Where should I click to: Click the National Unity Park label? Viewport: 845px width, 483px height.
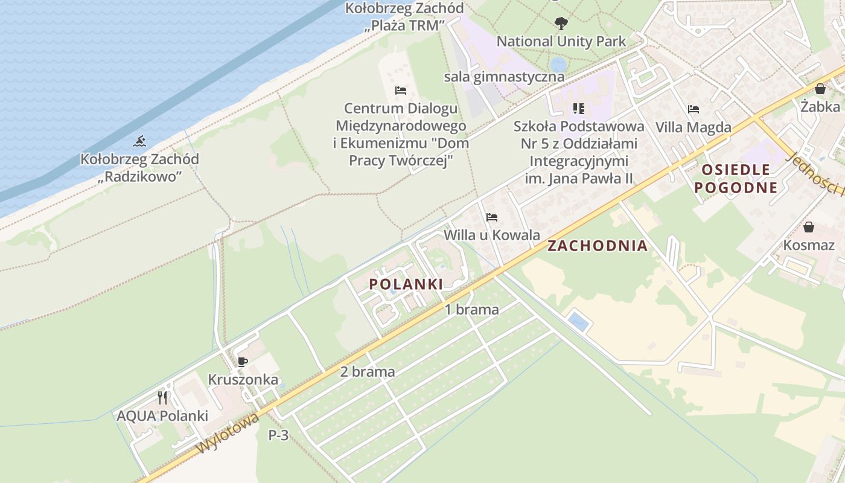pyautogui.click(x=561, y=42)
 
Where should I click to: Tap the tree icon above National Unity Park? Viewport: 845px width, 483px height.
pyautogui.click(x=561, y=24)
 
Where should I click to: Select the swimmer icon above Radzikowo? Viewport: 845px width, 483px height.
pyautogui.click(x=140, y=142)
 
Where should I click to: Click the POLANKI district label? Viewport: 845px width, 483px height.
pyautogui.click(x=406, y=284)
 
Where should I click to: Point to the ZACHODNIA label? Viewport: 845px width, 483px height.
pyautogui.click(x=597, y=246)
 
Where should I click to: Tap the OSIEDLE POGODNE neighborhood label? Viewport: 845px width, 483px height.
pyautogui.click(x=736, y=178)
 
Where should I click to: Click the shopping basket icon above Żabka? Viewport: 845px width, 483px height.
pyautogui.click(x=820, y=89)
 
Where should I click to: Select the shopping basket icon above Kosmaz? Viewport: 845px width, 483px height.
pyautogui.click(x=809, y=227)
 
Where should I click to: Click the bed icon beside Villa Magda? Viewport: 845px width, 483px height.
pyautogui.click(x=694, y=109)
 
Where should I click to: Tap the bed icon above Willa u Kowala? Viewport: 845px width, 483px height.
pyautogui.click(x=492, y=217)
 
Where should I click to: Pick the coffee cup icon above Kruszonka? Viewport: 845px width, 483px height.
pyautogui.click(x=243, y=362)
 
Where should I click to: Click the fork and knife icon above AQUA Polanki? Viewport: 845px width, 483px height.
pyautogui.click(x=162, y=397)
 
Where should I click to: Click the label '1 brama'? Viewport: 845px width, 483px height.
pyautogui.click(x=472, y=310)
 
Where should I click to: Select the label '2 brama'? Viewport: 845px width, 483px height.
pyautogui.click(x=368, y=372)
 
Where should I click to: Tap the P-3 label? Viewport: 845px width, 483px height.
pyautogui.click(x=278, y=435)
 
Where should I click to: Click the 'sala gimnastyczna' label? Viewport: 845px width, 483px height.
pyautogui.click(x=504, y=77)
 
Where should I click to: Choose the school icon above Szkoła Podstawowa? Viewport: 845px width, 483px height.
pyautogui.click(x=579, y=109)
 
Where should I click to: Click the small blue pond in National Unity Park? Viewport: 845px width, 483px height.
pyautogui.click(x=558, y=64)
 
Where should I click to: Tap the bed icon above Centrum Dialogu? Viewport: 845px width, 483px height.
pyautogui.click(x=401, y=91)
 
